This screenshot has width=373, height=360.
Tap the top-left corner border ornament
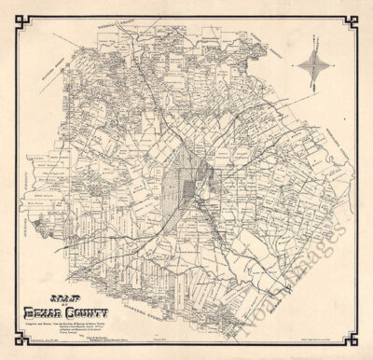11,11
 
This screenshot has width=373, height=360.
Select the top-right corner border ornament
362,11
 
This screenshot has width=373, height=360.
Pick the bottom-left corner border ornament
11,349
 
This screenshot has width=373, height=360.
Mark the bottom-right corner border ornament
362,349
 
